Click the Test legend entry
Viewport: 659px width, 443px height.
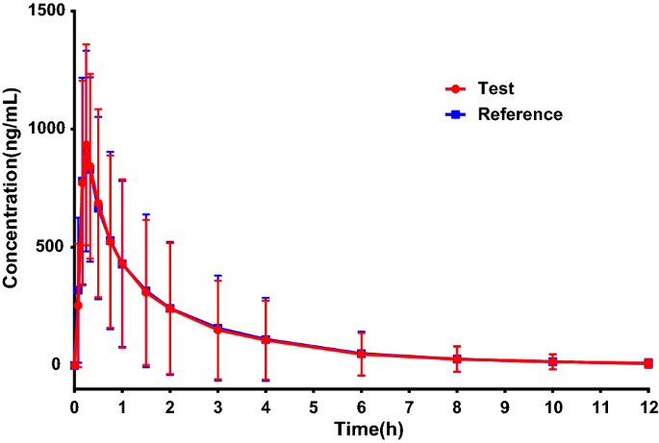coord(495,88)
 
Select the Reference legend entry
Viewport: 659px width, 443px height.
coord(520,113)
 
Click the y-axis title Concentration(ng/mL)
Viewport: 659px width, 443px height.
coord(13,187)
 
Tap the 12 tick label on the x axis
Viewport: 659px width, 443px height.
coord(648,406)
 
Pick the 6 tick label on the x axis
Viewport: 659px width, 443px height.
coord(362,406)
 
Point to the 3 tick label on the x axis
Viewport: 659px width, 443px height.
coord(218,406)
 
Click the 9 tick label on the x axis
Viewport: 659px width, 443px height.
coord(505,406)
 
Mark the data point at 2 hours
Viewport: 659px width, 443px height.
coord(170,308)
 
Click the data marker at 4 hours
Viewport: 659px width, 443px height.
coord(266,340)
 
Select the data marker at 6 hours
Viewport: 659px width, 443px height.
coord(362,355)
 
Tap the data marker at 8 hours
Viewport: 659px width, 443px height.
coord(457,359)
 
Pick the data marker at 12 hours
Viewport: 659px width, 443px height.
coord(648,363)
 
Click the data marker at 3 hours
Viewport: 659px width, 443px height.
coord(218,330)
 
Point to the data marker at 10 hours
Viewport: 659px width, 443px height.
coord(553,361)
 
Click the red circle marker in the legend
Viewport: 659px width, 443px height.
coord(454,88)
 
